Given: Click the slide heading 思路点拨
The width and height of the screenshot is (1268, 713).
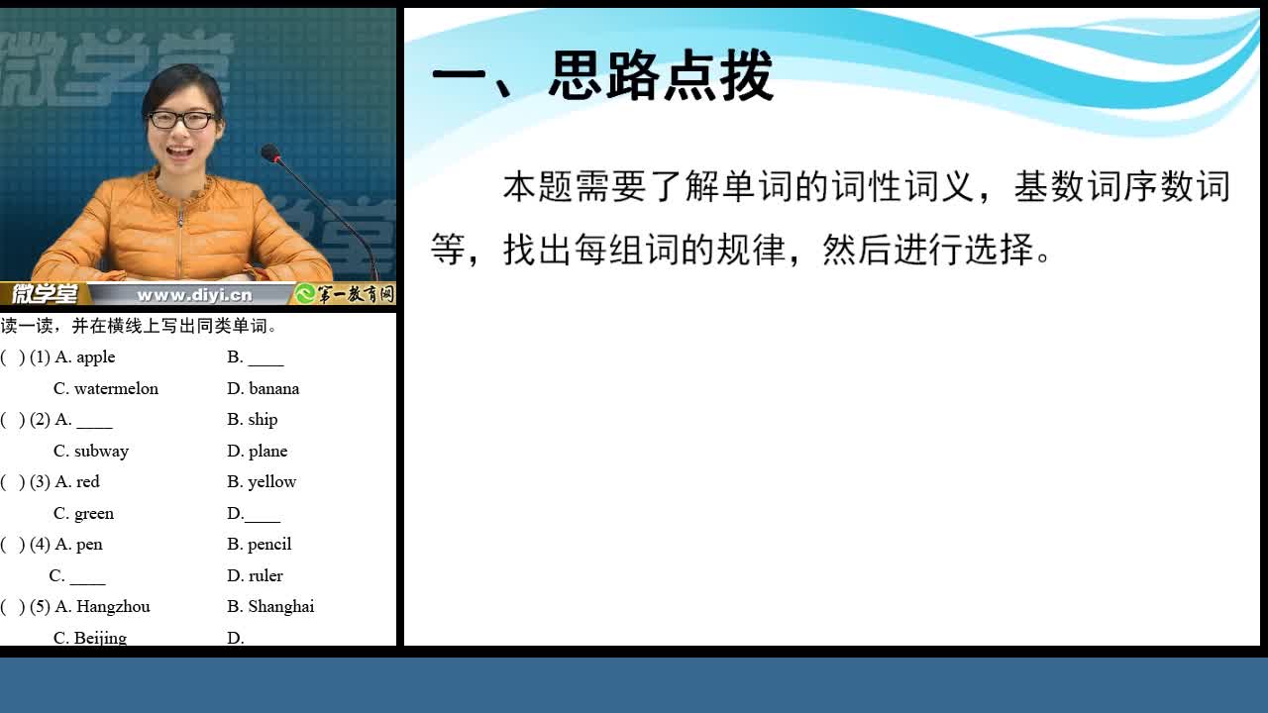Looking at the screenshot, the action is (x=660, y=75).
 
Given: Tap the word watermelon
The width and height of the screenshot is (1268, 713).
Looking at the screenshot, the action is (x=116, y=389).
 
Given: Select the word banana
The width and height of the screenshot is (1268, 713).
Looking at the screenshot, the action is (x=274, y=389).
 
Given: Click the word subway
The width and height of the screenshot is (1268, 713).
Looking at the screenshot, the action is (x=101, y=451).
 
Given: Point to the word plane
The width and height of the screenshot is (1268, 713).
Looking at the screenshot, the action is (x=267, y=451).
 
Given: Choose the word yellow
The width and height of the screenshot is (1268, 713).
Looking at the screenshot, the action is (x=272, y=482).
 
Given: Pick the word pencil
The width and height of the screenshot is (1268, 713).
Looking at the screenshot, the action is (x=269, y=545).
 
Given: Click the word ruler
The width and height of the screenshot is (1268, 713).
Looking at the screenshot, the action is (x=265, y=575).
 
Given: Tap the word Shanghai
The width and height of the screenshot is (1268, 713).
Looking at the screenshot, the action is (x=280, y=607).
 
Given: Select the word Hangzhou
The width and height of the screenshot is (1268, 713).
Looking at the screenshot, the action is (x=113, y=607).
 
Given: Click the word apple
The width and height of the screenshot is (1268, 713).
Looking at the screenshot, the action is (x=96, y=357).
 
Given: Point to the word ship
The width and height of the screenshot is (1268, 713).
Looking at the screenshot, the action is (x=263, y=420).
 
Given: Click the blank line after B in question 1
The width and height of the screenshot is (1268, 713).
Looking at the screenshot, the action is (x=266, y=365).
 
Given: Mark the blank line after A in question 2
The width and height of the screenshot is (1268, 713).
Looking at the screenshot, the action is (x=94, y=427).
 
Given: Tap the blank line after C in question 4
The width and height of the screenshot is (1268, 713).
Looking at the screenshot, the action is (x=88, y=583).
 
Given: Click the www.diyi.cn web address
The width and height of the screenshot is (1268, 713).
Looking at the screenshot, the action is (x=194, y=295).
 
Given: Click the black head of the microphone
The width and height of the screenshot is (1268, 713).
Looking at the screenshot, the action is (x=270, y=153).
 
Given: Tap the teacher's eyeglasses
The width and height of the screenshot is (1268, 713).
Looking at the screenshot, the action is (x=181, y=120).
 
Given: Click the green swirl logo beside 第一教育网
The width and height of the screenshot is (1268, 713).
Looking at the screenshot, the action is (x=305, y=294).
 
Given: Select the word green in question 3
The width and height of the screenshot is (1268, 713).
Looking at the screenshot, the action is (x=94, y=514).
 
